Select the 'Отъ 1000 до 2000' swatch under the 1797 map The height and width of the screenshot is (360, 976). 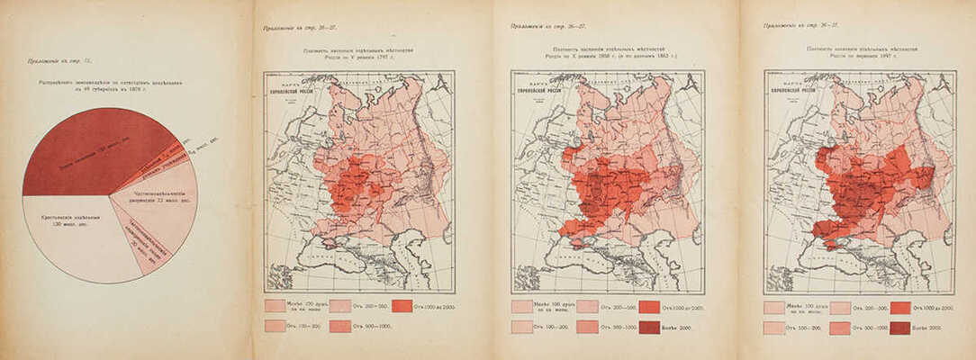pyautogui.click(x=402, y=306)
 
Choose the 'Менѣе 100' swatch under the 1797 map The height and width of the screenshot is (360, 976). pyautogui.click(x=276, y=306)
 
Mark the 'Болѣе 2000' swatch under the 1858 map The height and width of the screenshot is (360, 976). pyautogui.click(x=649, y=328)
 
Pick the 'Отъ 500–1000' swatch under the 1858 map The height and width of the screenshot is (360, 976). pyautogui.click(x=587, y=328)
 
